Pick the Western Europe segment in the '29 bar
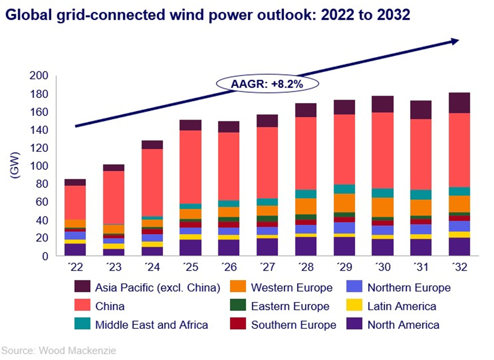tap(344, 202)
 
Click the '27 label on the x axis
tap(267, 268)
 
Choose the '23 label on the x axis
tap(113, 268)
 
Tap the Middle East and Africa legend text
tap(151, 325)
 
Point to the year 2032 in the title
tap(391, 15)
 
